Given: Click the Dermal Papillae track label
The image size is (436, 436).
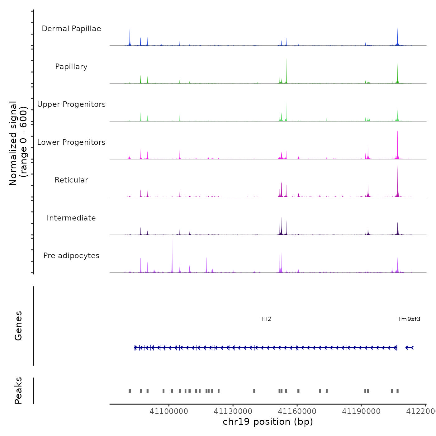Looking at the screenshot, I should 71,29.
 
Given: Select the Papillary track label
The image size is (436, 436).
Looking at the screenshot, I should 71,67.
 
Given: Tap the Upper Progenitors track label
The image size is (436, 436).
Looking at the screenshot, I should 71,104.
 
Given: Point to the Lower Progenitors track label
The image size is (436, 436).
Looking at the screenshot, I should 71,142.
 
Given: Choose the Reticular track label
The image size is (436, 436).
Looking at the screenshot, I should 71,180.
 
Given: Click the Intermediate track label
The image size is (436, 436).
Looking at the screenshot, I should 71,218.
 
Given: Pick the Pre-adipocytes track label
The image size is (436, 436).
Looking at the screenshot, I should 71,256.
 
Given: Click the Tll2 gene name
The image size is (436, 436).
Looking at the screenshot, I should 266,319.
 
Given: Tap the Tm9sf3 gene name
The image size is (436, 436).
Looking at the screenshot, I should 409,319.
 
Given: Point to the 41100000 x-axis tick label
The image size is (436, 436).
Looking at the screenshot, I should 169,411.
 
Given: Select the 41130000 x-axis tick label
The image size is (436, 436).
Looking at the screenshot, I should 233,411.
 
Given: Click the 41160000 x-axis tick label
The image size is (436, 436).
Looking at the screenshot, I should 297,411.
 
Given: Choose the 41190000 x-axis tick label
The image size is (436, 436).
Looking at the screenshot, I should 361,411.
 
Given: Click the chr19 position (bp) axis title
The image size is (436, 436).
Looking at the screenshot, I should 268,422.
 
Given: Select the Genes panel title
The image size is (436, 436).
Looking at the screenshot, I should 18,326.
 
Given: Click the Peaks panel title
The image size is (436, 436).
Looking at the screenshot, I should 18,391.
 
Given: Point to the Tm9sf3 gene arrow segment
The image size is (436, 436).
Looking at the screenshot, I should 409,348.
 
